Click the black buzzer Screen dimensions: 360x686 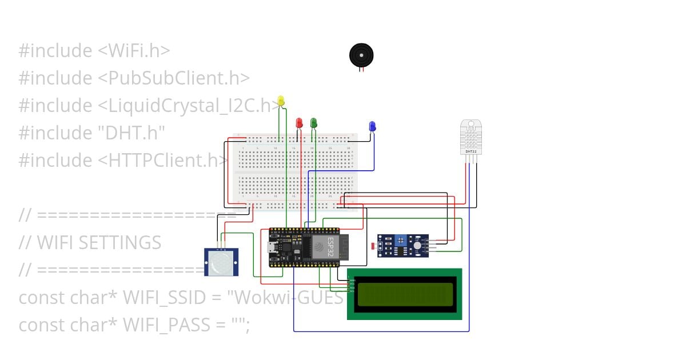pyautogui.click(x=361, y=55)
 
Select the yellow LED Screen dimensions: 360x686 pyautogui.click(x=280, y=101)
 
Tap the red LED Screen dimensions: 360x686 pyautogui.click(x=298, y=122)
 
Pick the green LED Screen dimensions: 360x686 pyautogui.click(x=313, y=122)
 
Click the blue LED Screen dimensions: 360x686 pyautogui.click(x=372, y=126)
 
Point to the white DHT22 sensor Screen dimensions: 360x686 pyautogui.click(x=471, y=137)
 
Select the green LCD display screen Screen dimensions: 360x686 pyautogui.click(x=404, y=294)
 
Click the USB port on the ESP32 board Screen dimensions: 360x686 pyautogui.click(x=273, y=247)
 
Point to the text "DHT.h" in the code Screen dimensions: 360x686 pyautogui.click(x=131, y=133)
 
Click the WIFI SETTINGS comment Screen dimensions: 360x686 pyautogui.click(x=98, y=242)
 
